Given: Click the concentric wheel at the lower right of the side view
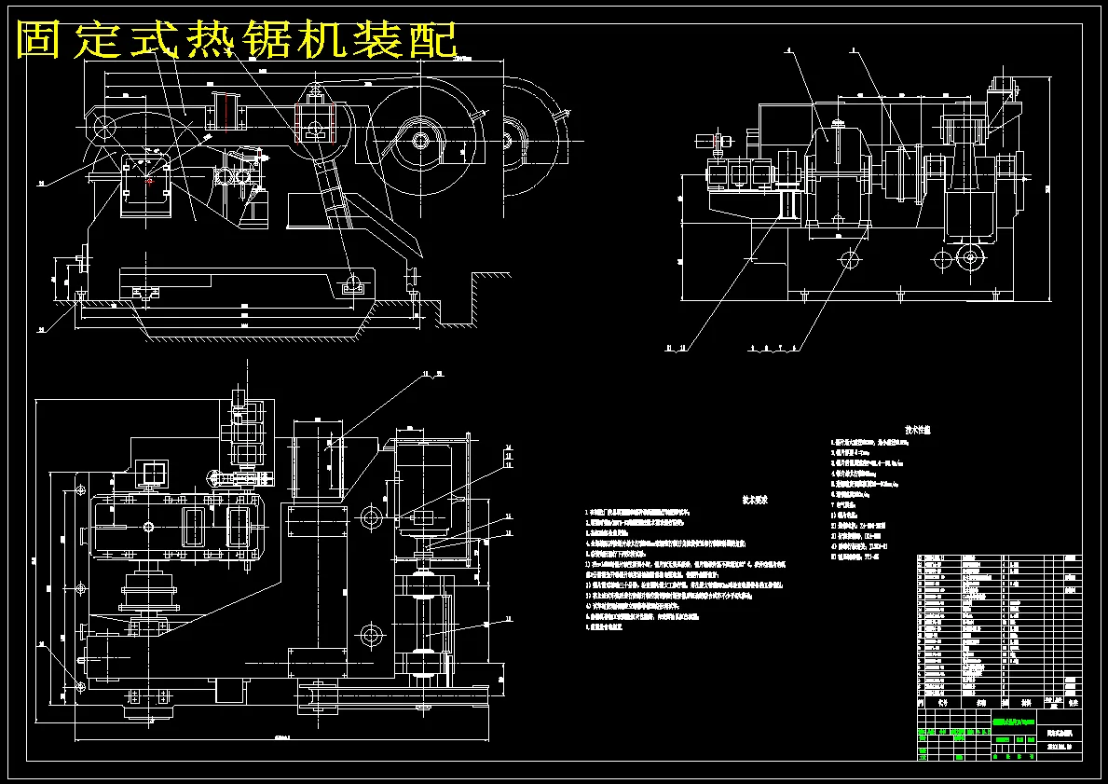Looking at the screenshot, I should (970, 257).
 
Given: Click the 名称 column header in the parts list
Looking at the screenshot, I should (975, 704).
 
